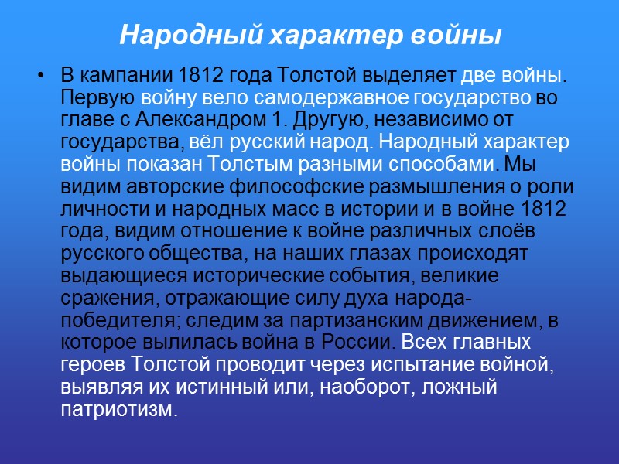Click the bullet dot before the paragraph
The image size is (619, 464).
pos(41,77)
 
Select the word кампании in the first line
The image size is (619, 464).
pos(125,77)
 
